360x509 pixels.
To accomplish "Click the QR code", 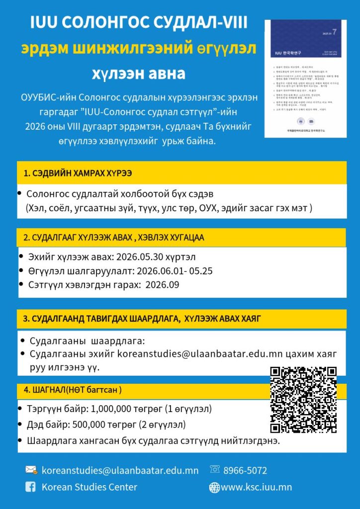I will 303,399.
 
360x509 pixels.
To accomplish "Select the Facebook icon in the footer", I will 31,487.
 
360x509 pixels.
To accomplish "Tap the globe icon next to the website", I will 214,487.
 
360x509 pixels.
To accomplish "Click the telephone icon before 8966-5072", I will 215,470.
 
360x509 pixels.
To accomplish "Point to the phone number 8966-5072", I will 245,470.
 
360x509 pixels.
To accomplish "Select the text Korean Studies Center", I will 90,487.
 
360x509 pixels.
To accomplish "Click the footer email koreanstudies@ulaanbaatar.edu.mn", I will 120,470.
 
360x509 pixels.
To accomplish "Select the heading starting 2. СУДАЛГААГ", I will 114,238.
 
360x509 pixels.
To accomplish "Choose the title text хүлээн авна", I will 138,74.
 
